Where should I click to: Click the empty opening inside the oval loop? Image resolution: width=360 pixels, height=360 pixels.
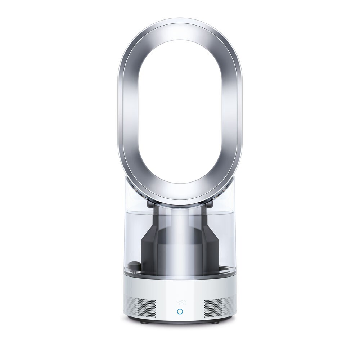[x=180, y=108]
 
